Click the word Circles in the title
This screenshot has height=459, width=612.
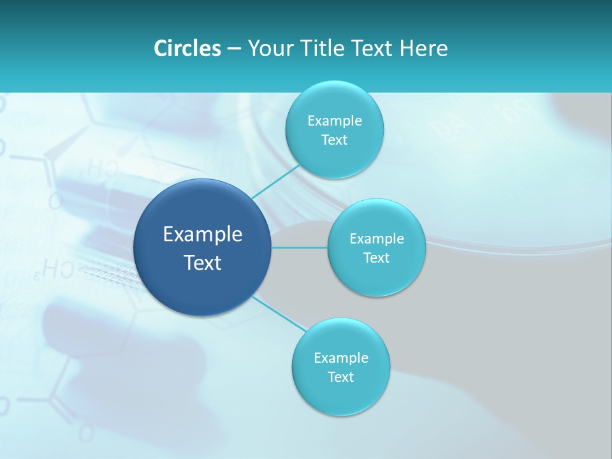click(187, 48)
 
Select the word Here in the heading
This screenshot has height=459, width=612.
click(423, 48)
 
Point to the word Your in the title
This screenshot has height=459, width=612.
click(270, 48)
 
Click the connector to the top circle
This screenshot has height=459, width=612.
click(275, 181)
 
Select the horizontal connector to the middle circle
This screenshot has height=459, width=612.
click(299, 247)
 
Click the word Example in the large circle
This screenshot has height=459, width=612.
click(203, 235)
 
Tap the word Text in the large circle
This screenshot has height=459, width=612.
click(203, 263)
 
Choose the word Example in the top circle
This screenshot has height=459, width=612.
click(335, 121)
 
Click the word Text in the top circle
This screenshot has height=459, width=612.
click(334, 140)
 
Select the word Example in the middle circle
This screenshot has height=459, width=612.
click(377, 239)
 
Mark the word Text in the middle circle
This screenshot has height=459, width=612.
click(376, 258)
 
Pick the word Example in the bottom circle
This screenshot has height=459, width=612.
click(341, 358)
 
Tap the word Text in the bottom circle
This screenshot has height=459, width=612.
click(340, 377)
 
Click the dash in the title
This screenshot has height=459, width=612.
click(233, 49)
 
